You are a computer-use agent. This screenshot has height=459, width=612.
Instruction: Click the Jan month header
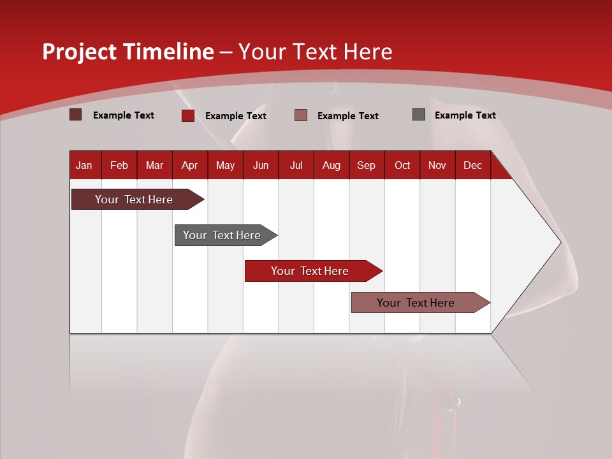tap(85, 165)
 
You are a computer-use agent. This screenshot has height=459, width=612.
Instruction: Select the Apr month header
tap(189, 165)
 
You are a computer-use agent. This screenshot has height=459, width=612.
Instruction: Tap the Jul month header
tap(296, 165)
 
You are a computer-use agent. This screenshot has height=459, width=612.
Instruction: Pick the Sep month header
tap(366, 165)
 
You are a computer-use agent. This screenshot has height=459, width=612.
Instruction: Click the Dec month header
tap(472, 165)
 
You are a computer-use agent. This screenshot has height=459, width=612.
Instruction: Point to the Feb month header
tap(119, 165)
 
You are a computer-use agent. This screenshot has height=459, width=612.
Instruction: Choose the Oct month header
tap(402, 165)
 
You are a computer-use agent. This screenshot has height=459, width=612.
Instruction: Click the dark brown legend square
tap(76, 115)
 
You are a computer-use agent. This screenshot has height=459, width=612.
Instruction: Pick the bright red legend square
tap(188, 115)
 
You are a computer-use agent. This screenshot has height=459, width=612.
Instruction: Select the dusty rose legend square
tap(301, 115)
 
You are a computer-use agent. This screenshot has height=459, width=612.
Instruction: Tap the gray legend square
tap(419, 115)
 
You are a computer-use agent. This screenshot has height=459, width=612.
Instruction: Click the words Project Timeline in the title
tap(127, 52)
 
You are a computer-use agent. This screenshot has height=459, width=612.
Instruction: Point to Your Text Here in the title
tap(316, 52)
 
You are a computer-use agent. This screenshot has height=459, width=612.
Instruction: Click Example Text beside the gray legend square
tap(465, 115)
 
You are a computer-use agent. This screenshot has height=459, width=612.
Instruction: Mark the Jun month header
tap(261, 165)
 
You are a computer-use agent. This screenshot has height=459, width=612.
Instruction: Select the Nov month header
tap(437, 165)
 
